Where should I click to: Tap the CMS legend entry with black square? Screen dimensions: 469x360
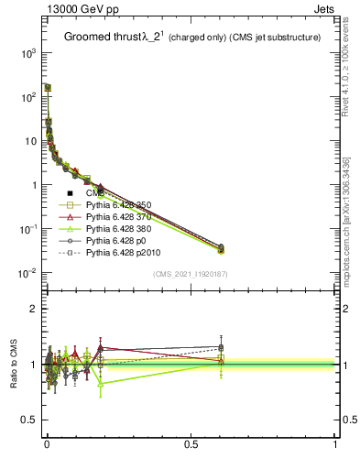94,193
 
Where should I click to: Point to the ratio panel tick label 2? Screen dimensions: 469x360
32,309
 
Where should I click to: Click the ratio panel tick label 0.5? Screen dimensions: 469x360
27,420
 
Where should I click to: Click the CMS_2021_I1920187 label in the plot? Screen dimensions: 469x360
191,273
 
